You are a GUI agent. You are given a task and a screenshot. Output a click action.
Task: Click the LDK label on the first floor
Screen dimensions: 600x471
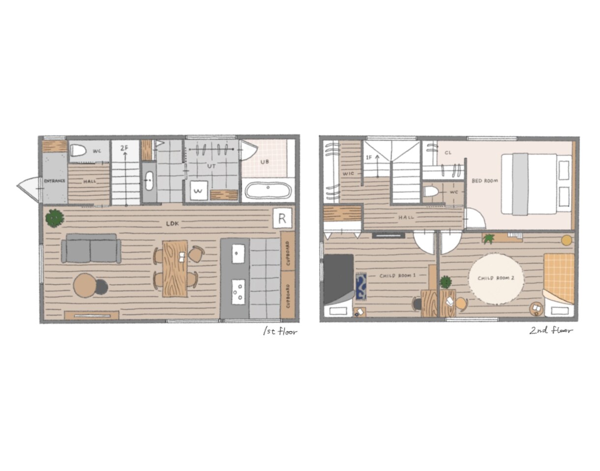tap(172, 223)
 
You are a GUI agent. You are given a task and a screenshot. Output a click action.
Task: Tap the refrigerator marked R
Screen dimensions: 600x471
tap(282, 219)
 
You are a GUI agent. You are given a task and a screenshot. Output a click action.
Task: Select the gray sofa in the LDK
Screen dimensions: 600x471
tap(91, 248)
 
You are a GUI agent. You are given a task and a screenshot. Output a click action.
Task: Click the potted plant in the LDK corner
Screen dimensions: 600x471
tap(55, 218)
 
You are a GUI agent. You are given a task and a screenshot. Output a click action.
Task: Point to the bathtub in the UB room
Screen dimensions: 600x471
tap(268, 191)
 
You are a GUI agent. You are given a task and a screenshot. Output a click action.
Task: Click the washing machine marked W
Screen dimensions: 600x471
tap(199, 190)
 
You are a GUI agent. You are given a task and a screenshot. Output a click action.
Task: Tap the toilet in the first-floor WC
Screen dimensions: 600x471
tap(77, 151)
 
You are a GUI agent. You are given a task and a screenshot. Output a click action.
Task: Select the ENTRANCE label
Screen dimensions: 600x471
tap(55, 181)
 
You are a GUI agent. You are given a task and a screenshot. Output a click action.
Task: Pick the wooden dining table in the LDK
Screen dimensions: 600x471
tap(175, 269)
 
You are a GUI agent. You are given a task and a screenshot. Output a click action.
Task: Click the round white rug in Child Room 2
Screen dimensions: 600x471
tap(496, 279)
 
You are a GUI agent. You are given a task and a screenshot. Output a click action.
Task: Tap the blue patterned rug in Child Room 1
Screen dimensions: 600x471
tap(361, 286)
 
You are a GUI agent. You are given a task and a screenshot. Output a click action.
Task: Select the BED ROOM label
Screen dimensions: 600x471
tap(484, 181)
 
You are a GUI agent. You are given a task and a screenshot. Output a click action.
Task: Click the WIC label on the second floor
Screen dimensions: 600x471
tap(348, 174)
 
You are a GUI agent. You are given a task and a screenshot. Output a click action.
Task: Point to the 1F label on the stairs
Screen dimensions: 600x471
tap(369, 158)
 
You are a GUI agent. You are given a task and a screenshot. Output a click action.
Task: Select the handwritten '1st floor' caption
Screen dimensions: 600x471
tap(280, 332)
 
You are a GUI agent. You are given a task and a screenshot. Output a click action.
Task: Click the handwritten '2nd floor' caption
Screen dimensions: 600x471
tap(551, 331)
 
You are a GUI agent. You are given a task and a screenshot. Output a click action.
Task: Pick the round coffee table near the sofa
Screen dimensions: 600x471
tap(85, 285)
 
